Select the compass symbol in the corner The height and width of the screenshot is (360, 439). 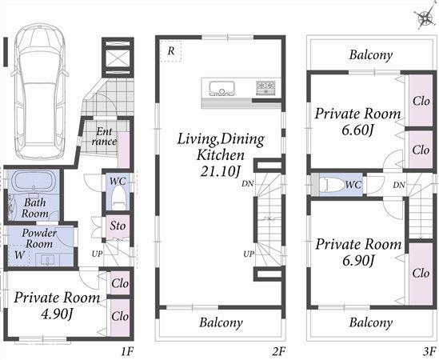click(422, 17)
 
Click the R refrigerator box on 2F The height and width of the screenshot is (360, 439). click(171, 50)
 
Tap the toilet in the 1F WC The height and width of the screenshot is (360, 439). click(118, 196)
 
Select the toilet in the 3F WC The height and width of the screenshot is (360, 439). click(330, 184)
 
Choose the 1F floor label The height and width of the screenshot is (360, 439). click(126, 350)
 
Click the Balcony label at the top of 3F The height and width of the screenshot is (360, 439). click(371, 55)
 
